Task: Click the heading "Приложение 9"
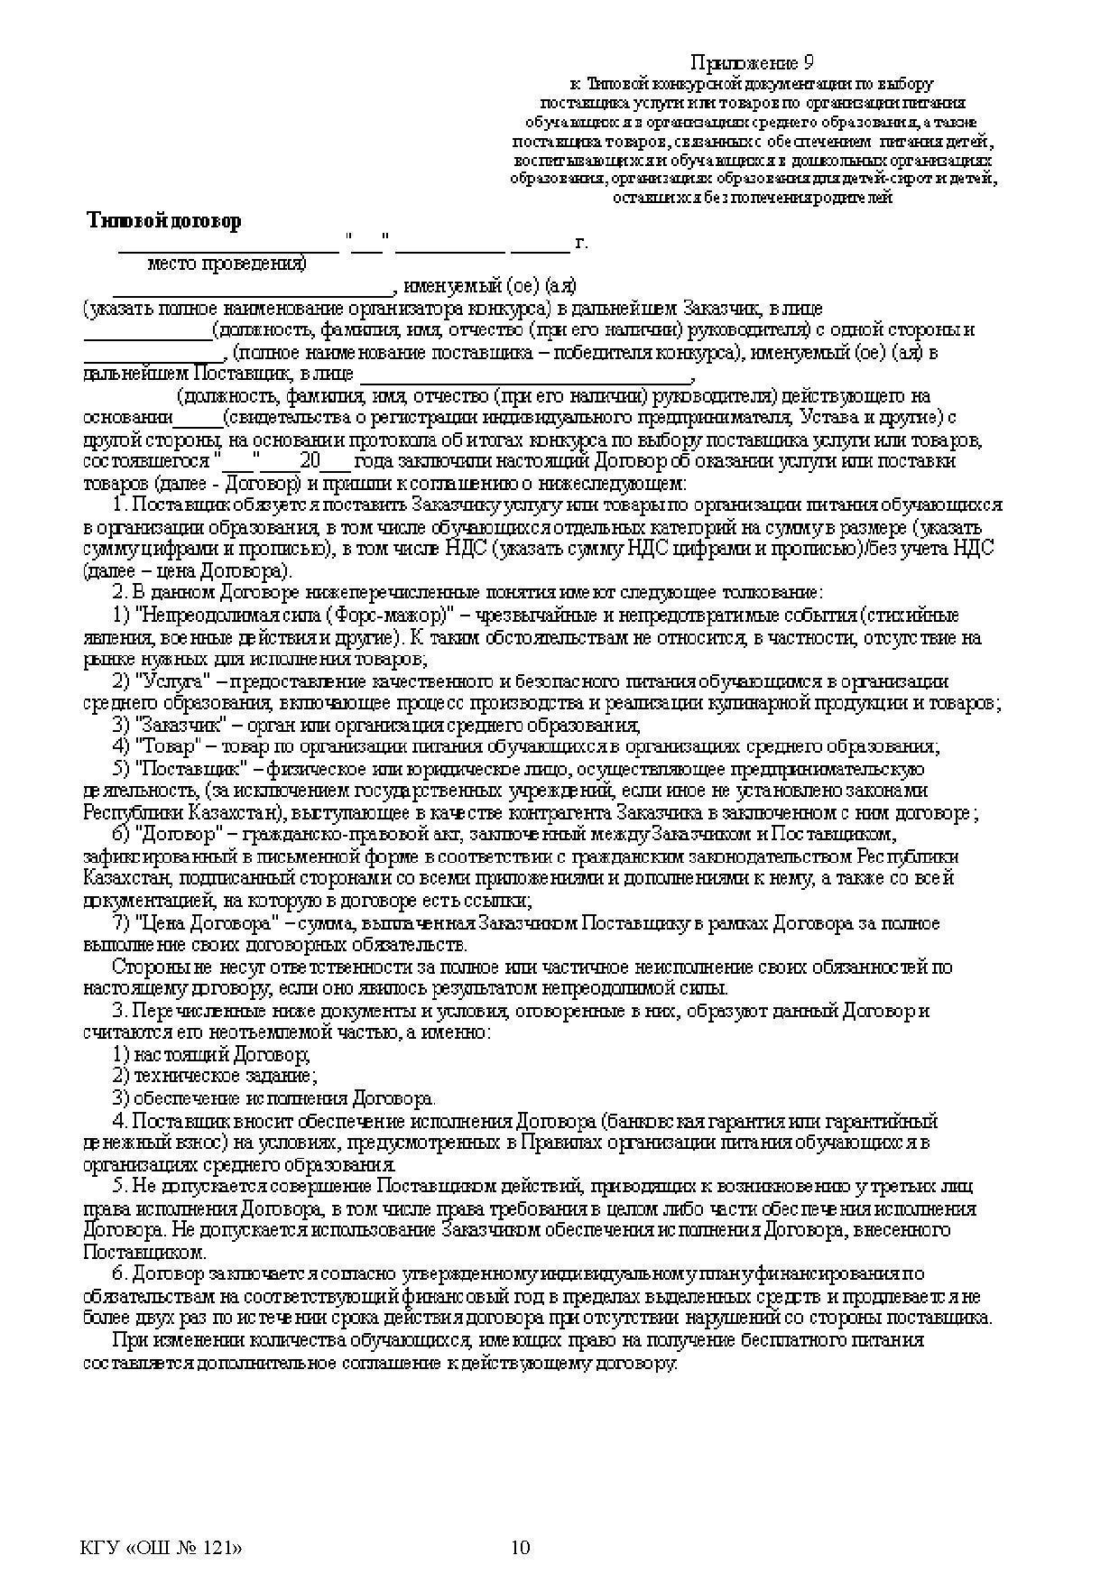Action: tap(753, 62)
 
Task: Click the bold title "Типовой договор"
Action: tap(164, 221)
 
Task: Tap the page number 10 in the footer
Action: tap(521, 1548)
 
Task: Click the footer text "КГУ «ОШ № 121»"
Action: tap(162, 1548)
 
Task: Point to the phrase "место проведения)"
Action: tap(227, 264)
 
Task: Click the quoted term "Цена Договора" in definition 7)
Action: tap(206, 923)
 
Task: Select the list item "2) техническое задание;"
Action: tap(214, 1076)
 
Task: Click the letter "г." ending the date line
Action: tap(580, 242)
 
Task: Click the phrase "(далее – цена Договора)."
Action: tap(188, 571)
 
